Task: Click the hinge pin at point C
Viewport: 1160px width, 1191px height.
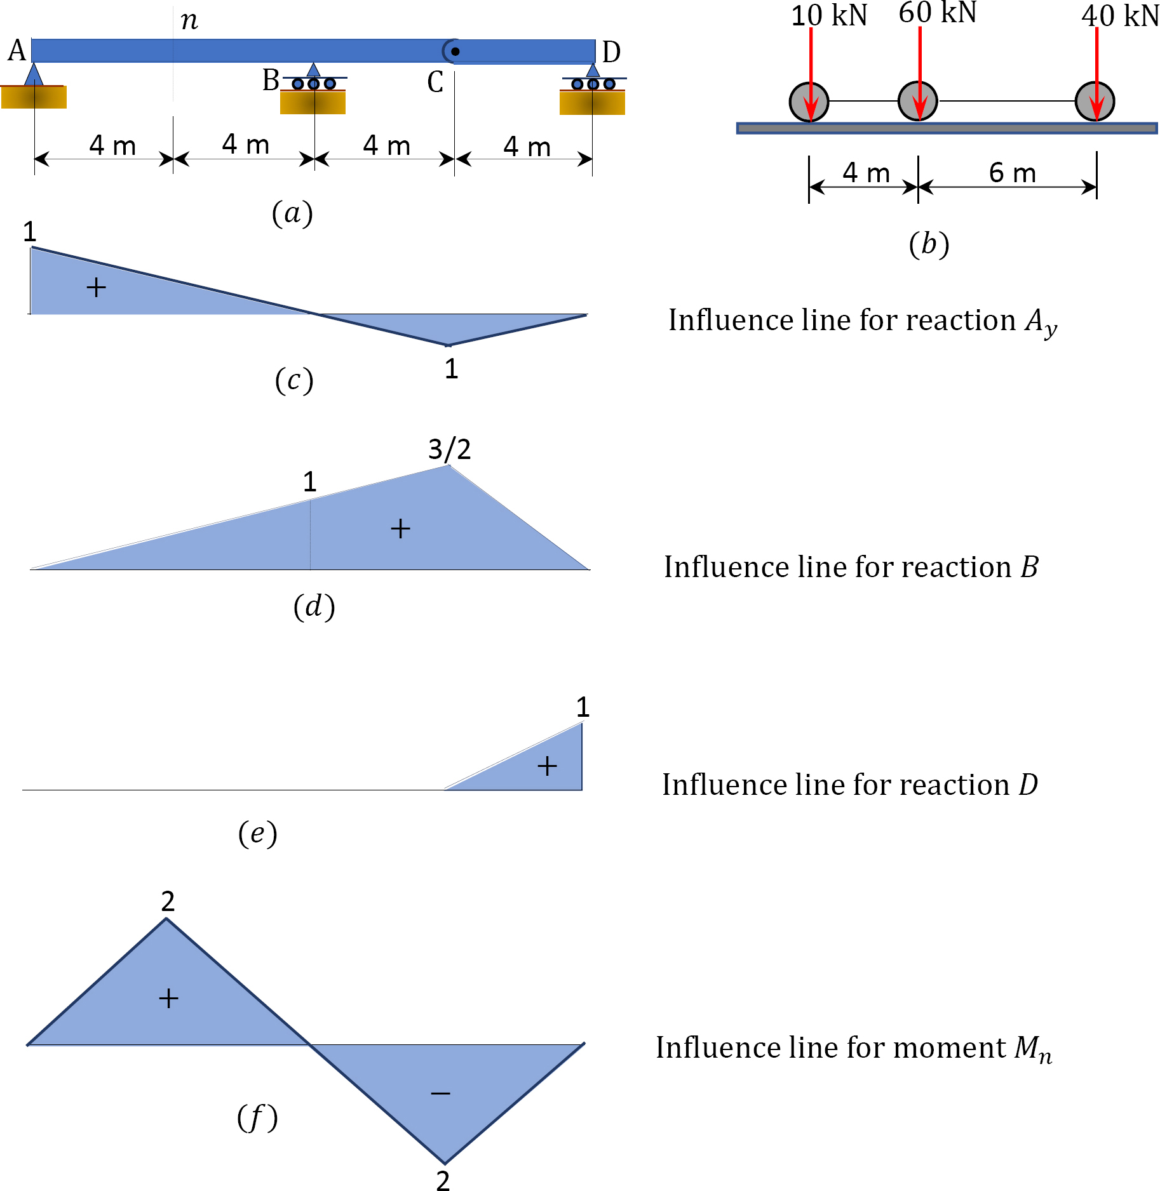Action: [x=455, y=51]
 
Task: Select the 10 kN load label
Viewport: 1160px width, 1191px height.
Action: [x=828, y=15]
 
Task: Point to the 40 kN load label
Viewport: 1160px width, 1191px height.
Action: [x=1120, y=16]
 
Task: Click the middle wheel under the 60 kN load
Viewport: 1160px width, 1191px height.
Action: [x=918, y=101]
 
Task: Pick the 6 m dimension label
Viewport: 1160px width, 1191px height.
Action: [x=1012, y=173]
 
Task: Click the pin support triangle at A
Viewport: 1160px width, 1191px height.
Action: [x=34, y=74]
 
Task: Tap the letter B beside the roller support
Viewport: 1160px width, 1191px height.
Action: [x=271, y=81]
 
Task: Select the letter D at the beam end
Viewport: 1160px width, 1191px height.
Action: [x=611, y=52]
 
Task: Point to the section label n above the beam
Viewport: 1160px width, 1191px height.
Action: [x=189, y=20]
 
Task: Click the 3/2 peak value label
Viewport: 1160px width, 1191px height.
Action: [x=449, y=449]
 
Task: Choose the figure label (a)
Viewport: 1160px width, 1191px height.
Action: [x=292, y=213]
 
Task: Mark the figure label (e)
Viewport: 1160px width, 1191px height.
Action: [x=257, y=833]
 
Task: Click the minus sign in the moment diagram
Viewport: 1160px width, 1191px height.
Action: [x=440, y=1093]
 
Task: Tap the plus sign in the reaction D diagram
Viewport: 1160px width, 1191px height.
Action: [x=547, y=766]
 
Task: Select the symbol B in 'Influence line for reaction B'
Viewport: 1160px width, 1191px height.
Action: [x=1029, y=567]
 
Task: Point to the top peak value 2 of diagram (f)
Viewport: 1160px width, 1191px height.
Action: [x=168, y=901]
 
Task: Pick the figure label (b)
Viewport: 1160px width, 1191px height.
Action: [x=929, y=244]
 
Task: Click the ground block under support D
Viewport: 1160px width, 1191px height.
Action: [x=592, y=103]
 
